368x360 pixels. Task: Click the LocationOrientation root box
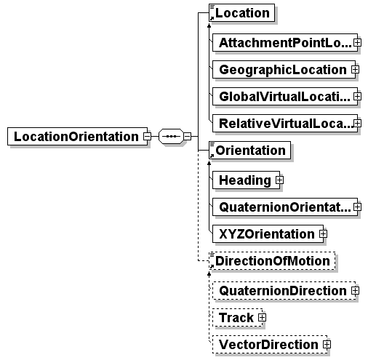coord(77,136)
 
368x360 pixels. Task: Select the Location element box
coord(241,12)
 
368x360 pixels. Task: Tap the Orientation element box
coord(249,151)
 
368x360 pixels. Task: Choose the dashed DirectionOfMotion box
coord(272,261)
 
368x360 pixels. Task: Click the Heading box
coord(246,180)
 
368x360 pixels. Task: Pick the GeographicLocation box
coord(284,70)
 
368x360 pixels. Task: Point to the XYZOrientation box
coord(268,233)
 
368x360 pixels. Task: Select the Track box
coord(237,317)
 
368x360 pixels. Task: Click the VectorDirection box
coord(270,344)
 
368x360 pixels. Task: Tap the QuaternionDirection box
coord(284,290)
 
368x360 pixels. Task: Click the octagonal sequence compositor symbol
coord(171,136)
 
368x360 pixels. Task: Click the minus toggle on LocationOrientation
coord(147,136)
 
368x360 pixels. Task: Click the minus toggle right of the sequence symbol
coord(187,136)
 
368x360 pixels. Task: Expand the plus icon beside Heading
coord(279,180)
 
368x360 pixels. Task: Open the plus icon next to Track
coord(262,317)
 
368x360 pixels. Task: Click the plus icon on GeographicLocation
coord(355,70)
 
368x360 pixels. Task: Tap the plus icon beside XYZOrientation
coord(323,233)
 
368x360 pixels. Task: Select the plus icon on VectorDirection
coord(327,344)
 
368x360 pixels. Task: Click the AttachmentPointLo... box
coord(285,43)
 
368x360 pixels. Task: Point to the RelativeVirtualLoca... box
coord(285,124)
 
